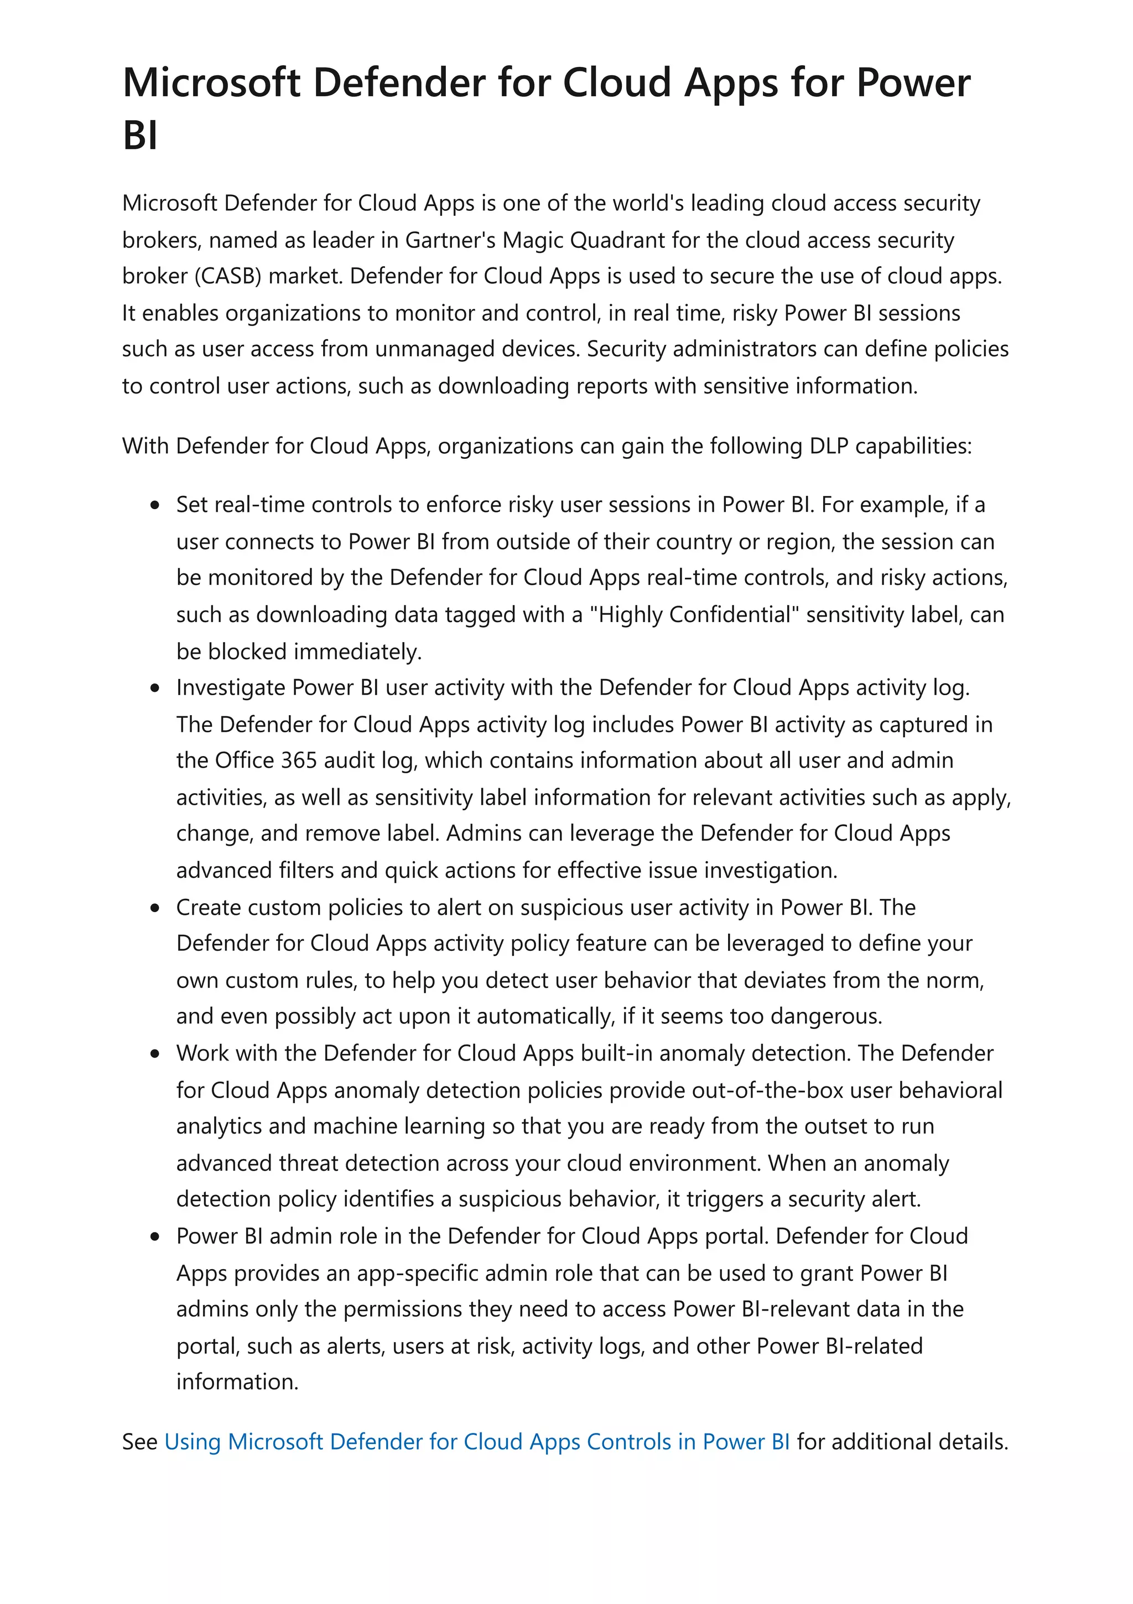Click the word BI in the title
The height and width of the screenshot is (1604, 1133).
139,136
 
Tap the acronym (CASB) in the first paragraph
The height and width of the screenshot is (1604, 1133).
227,276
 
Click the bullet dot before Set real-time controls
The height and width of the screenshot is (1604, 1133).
155,505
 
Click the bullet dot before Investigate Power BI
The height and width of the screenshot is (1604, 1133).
155,688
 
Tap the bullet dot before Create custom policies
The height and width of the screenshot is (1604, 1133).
155,908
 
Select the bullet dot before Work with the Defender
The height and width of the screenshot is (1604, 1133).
155,1053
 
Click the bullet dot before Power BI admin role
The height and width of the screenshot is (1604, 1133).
155,1236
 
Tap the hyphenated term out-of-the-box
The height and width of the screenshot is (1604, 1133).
768,1090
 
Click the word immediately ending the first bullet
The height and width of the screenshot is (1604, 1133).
357,652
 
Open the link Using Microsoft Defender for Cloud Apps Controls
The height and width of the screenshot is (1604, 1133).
477,1442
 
